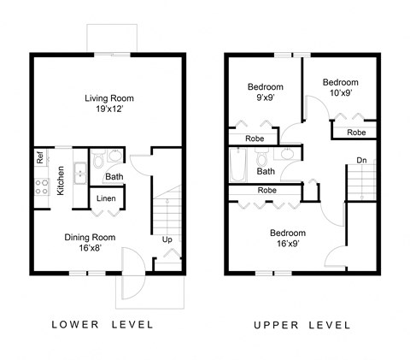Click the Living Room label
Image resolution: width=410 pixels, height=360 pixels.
(108, 98)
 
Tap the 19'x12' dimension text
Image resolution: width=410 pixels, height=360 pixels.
(108, 110)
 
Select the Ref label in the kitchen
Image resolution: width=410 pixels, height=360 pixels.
(40, 157)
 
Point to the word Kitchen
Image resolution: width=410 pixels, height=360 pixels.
(60, 180)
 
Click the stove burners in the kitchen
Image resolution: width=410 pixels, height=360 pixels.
(40, 186)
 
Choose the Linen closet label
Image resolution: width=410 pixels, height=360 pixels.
(106, 198)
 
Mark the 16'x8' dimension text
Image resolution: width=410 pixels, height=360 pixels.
(90, 249)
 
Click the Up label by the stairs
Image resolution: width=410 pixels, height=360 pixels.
(167, 239)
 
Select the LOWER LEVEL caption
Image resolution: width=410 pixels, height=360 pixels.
(102, 325)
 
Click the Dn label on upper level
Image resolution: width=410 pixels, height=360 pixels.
(361, 159)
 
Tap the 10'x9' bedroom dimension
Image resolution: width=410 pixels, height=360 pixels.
(337, 93)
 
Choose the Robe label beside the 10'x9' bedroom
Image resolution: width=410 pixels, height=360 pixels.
(356, 133)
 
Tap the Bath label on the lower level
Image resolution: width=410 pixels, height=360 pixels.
(113, 177)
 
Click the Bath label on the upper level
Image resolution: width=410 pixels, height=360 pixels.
(266, 171)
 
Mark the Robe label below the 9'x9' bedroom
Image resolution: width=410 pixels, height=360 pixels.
(254, 138)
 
